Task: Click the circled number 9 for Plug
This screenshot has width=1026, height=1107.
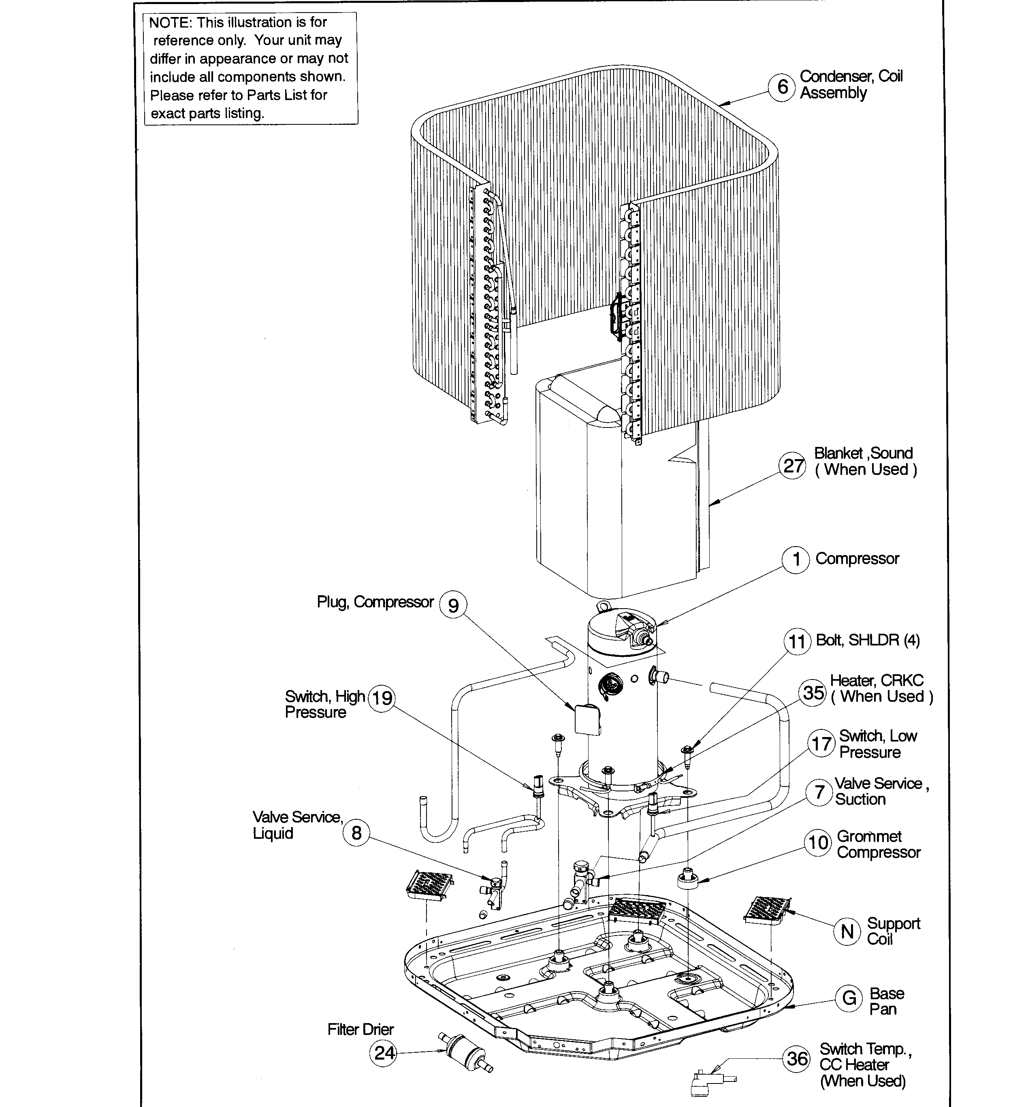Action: [453, 605]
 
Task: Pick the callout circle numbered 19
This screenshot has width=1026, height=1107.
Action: [382, 698]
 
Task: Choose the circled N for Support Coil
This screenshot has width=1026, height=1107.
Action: [847, 931]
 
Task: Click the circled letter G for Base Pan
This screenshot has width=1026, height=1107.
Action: [849, 998]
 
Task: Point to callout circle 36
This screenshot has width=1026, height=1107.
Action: [797, 1058]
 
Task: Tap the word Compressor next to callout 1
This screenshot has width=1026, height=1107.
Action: [857, 559]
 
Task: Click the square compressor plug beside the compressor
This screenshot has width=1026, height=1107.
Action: [587, 720]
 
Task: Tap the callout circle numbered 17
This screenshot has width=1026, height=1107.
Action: [822, 744]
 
